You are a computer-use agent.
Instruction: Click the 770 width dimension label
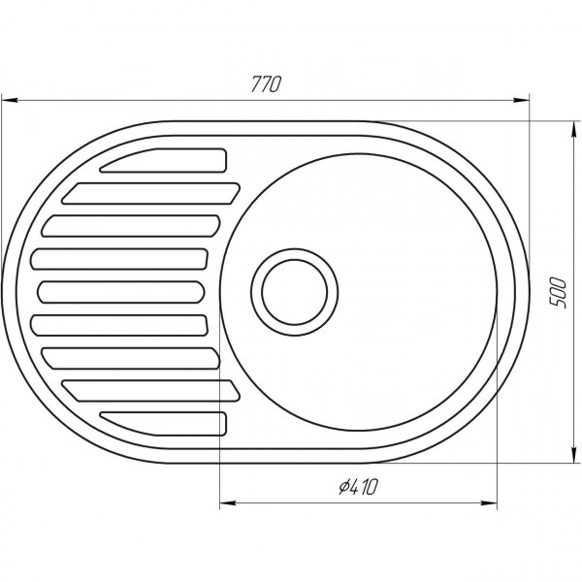[x=265, y=84]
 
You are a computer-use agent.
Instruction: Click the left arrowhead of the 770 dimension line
[x=12, y=98]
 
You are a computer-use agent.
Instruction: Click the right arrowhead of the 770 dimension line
[x=522, y=98]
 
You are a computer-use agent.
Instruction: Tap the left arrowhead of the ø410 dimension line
[x=229, y=502]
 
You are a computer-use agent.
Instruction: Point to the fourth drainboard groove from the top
[x=121, y=259]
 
